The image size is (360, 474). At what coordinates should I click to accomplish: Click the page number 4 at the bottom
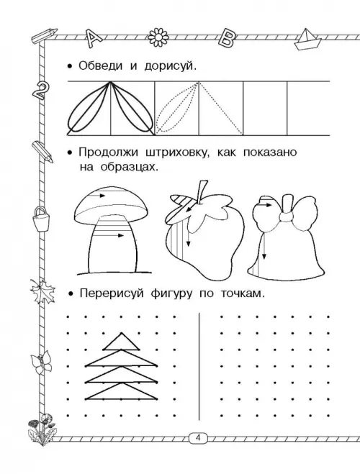click(x=199, y=437)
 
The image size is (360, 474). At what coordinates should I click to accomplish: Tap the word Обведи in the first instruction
click(x=100, y=65)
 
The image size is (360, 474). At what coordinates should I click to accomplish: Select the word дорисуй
click(x=171, y=66)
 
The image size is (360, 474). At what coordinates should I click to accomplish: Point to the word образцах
click(x=130, y=167)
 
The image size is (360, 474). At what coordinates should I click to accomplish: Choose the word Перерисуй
click(x=112, y=293)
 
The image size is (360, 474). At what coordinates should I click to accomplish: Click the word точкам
click(x=243, y=293)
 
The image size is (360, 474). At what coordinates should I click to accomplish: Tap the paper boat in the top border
click(x=307, y=40)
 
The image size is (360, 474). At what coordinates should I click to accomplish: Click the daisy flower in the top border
click(x=158, y=37)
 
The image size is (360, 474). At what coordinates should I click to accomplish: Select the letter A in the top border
click(x=94, y=38)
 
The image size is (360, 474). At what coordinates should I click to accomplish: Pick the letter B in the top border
click(x=228, y=38)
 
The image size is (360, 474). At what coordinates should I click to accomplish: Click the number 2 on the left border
click(x=40, y=91)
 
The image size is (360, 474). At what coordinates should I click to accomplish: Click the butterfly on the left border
click(x=42, y=363)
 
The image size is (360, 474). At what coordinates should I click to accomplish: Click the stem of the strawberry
click(x=202, y=191)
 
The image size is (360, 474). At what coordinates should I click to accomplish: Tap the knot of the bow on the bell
click(x=286, y=216)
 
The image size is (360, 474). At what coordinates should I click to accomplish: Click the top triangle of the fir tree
click(x=122, y=341)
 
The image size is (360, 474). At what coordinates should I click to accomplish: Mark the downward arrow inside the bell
click(x=264, y=247)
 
